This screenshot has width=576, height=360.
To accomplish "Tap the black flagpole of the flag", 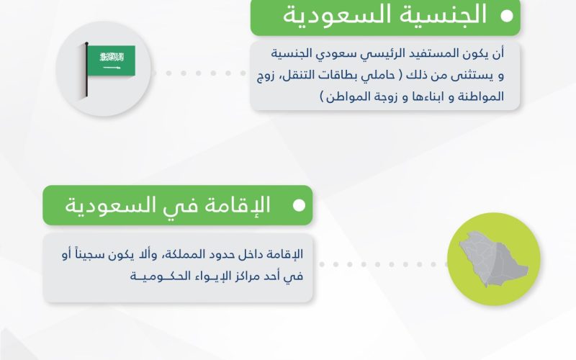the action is point(86,69).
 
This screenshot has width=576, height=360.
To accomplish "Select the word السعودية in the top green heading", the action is point(337,15).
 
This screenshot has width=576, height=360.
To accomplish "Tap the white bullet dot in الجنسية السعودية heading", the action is point(507,16).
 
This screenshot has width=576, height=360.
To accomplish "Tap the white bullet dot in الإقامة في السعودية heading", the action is point(300,205).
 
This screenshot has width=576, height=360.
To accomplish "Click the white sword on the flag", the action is point(112,68).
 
